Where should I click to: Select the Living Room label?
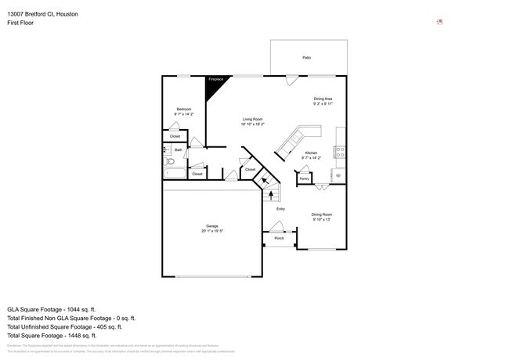pyautogui.click(x=252, y=119)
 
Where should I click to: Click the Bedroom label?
pyautogui.click(x=183, y=109)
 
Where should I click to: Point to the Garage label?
pyautogui.click(x=212, y=226)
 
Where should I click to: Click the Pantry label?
pyautogui.click(x=304, y=178)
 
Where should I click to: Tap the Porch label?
pyautogui.click(x=279, y=238)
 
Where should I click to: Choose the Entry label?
pyautogui.click(x=280, y=209)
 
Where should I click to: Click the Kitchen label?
pyautogui.click(x=311, y=153)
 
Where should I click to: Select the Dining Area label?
pyautogui.click(x=323, y=99)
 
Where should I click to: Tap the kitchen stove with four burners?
pyautogui.click(x=340, y=152)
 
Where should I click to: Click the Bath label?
pyautogui.click(x=179, y=149)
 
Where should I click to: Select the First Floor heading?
pyautogui.click(x=20, y=23)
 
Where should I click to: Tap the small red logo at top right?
pyautogui.click(x=440, y=22)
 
